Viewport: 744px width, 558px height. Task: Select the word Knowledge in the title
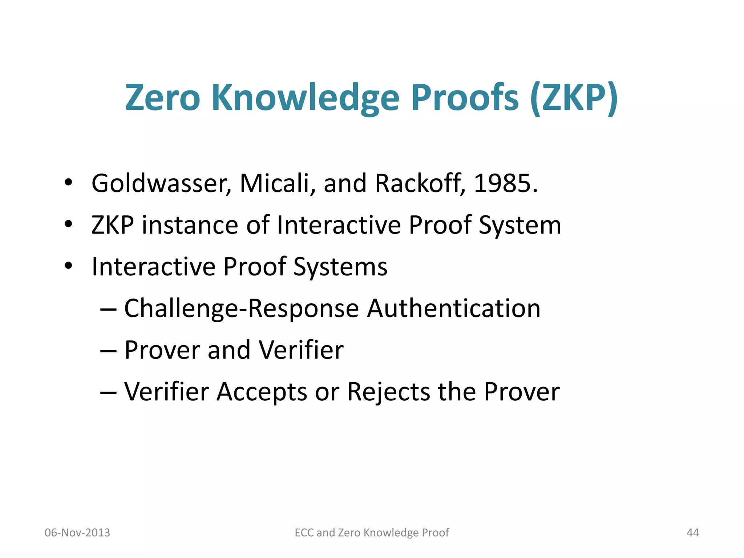tap(305, 98)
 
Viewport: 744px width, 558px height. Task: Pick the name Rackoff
tap(420, 183)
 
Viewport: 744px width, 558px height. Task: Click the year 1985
tap(505, 183)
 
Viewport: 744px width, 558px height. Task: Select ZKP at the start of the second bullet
tap(113, 225)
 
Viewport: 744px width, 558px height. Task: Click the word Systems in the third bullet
tap(340, 267)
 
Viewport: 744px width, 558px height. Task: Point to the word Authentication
tap(454, 309)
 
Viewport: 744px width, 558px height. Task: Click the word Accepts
tap(262, 392)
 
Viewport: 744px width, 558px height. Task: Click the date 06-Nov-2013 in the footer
tap(77, 533)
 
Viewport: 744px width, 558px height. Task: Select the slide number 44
tap(693, 533)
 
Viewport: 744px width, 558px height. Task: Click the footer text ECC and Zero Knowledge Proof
tap(372, 533)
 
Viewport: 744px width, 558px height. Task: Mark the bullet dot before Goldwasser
tap(68, 183)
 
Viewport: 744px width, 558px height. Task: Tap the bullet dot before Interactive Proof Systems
tap(68, 266)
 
